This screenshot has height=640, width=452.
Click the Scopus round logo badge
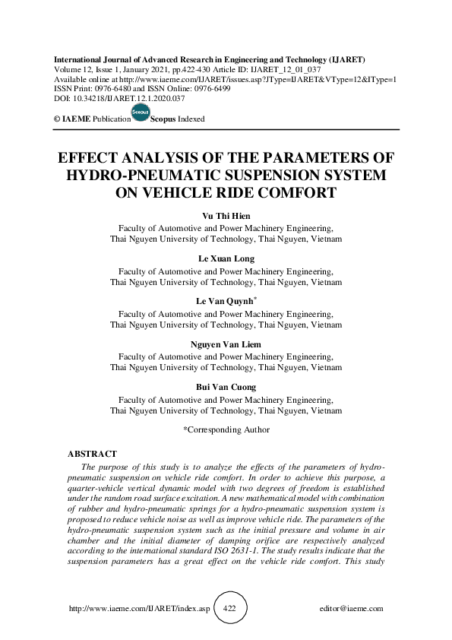point(141,113)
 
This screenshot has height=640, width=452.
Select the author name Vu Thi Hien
point(226,216)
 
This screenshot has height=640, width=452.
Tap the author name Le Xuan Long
point(226,259)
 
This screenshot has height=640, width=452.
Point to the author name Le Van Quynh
point(224,303)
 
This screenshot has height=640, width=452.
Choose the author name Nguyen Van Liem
point(226,345)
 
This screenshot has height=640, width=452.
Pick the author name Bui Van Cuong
point(226,388)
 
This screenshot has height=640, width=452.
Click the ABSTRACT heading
point(92,454)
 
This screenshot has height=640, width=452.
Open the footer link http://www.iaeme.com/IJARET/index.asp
point(139,609)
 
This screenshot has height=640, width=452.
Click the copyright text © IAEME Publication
point(88,119)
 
